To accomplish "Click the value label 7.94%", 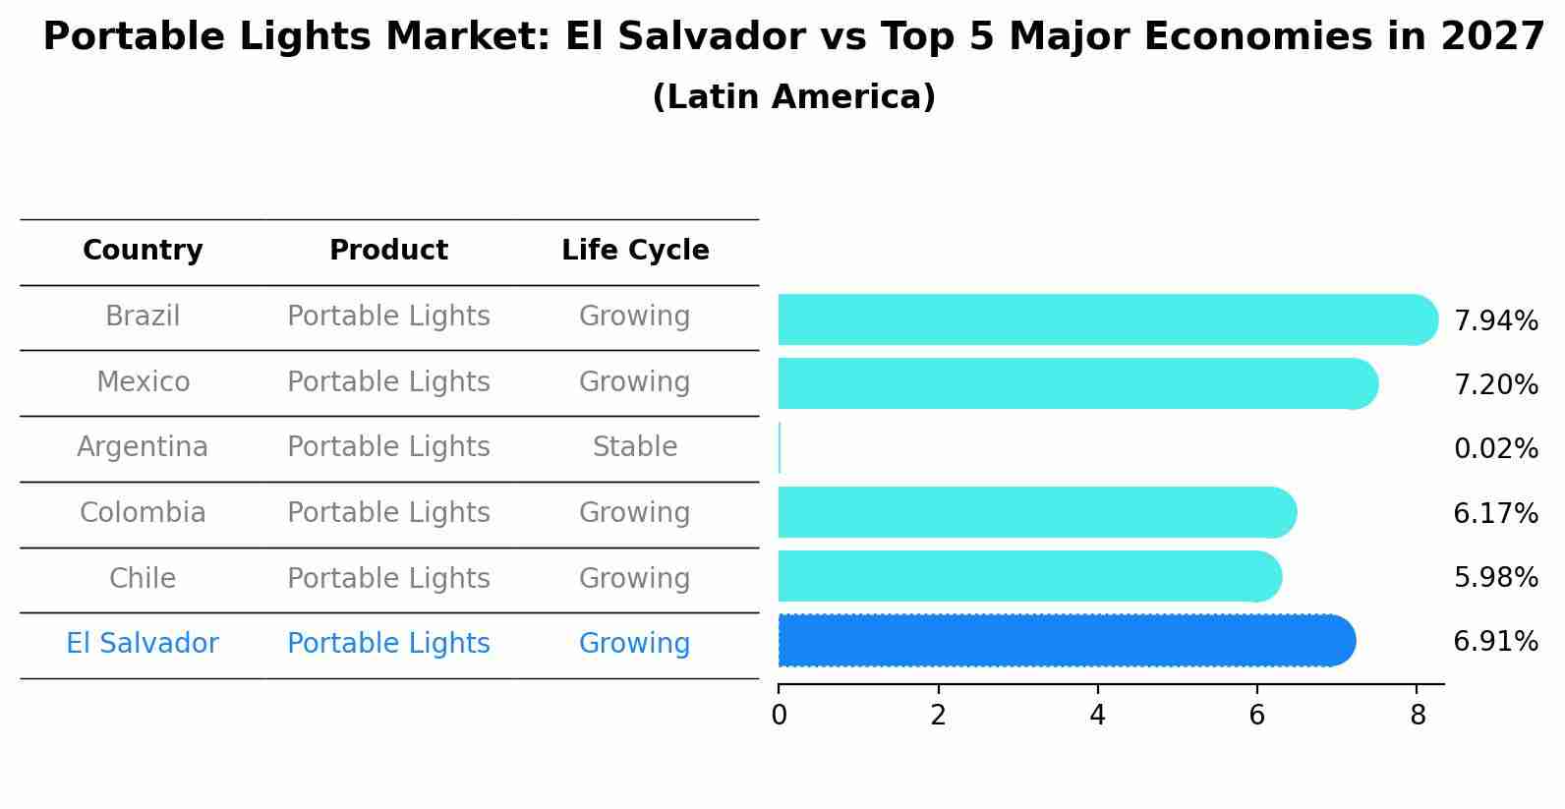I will pos(1495,321).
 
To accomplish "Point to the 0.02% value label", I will pos(1495,449).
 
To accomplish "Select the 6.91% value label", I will pos(1495,642).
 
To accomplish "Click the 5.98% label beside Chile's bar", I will pos(1495,578).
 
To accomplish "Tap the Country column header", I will pos(143,251).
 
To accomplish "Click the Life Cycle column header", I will pos(635,251).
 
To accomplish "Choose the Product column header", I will pos(388,251).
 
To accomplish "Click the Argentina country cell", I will pos(143,447).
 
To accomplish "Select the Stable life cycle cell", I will pos(635,447).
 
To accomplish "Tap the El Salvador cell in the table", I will pos(143,644).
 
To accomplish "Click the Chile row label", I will pos(143,578).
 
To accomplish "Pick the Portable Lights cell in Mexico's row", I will pos(388,381).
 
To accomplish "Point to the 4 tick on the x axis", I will pos(1097,716).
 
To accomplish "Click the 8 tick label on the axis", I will pos(1417,716).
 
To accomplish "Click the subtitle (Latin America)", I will pos(793,97).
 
